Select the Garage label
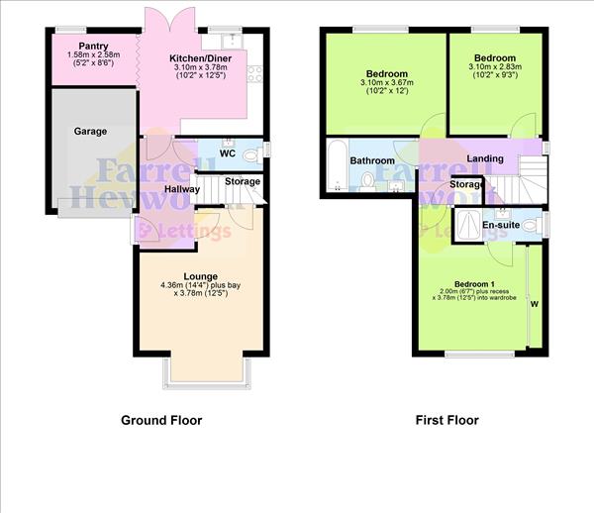(90, 131)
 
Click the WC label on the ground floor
(226, 154)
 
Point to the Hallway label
(182, 189)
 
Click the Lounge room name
(200, 276)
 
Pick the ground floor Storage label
(243, 181)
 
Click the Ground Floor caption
(161, 420)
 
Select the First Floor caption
(446, 420)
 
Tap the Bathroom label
(372, 160)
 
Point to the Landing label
(485, 158)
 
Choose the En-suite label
(501, 225)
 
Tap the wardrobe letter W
(536, 304)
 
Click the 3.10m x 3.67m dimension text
(386, 85)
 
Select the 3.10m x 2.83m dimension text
(494, 68)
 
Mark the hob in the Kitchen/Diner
(253, 75)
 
